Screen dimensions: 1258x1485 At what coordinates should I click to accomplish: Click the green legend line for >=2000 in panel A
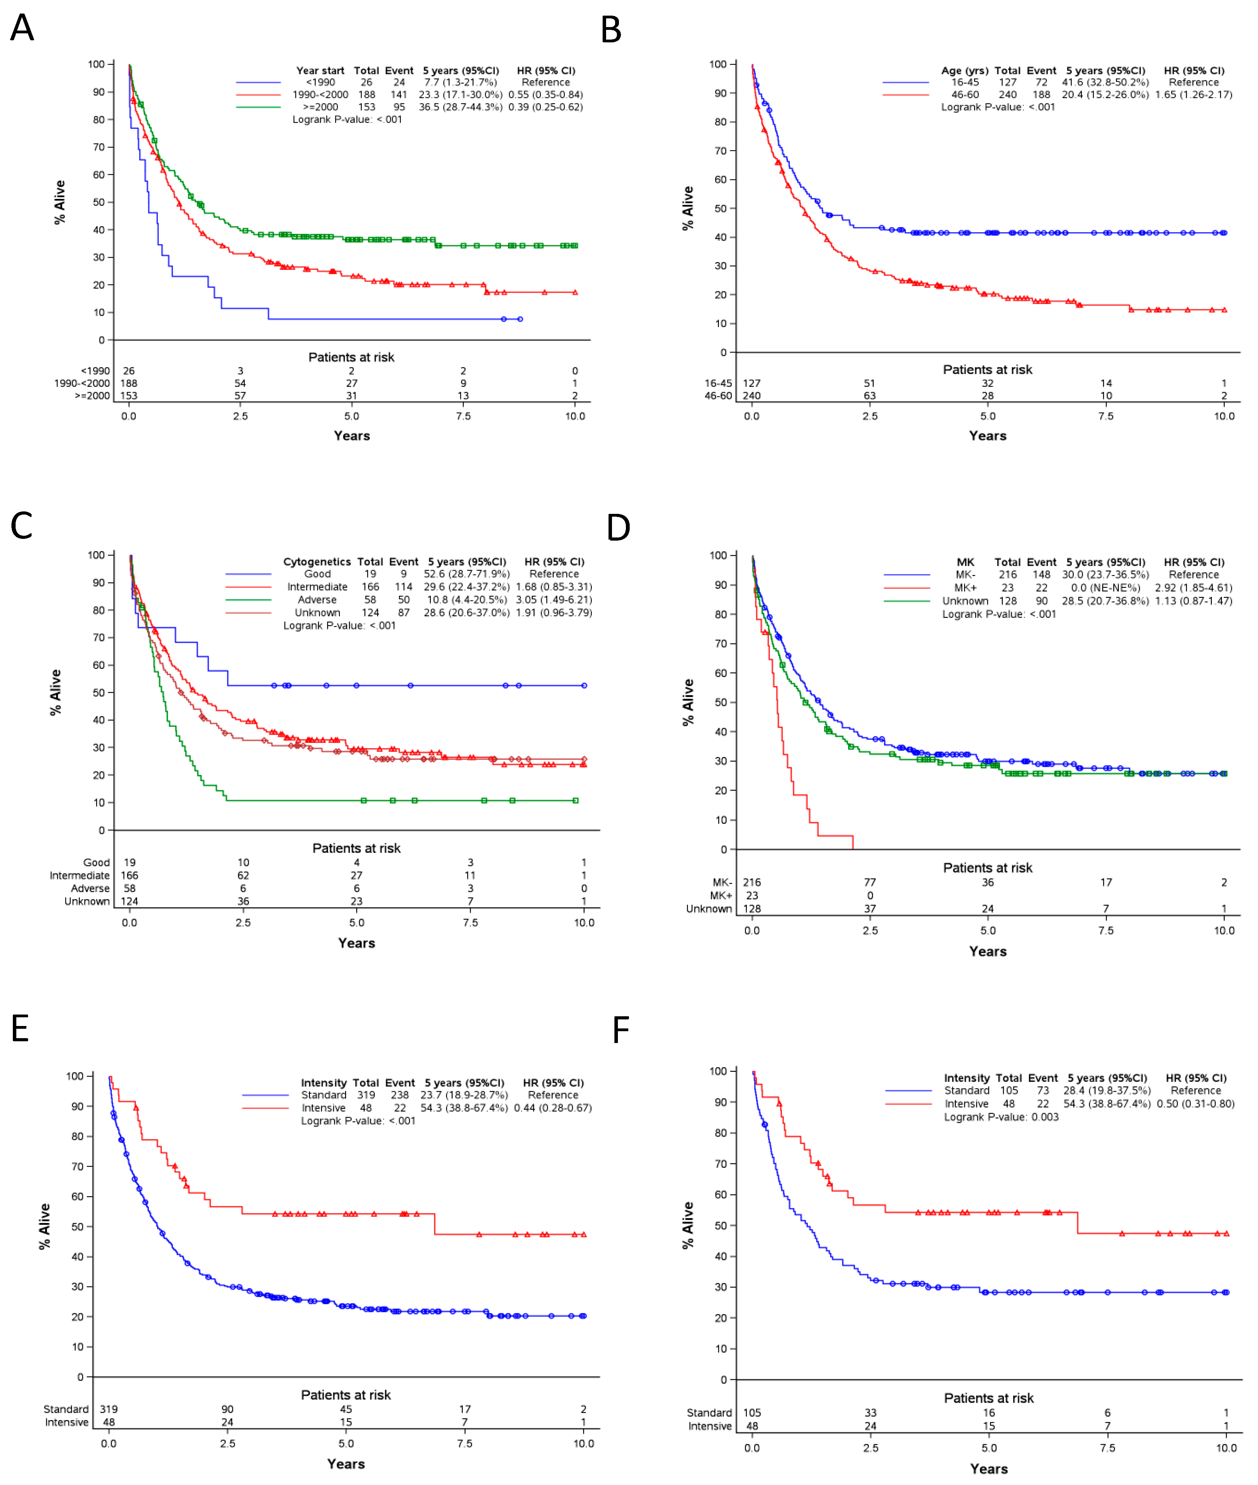(x=258, y=107)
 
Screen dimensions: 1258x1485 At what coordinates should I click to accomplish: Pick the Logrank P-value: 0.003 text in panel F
(x=1001, y=1117)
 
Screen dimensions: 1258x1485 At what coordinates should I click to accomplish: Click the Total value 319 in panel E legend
(x=366, y=1095)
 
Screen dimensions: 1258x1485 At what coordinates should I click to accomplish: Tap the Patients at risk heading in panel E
(x=346, y=1394)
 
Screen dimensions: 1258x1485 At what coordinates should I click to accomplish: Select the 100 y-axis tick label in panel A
(x=95, y=64)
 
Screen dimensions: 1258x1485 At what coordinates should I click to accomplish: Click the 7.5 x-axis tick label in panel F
(x=1108, y=1448)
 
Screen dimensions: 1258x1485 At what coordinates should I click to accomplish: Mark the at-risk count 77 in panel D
(x=870, y=882)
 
